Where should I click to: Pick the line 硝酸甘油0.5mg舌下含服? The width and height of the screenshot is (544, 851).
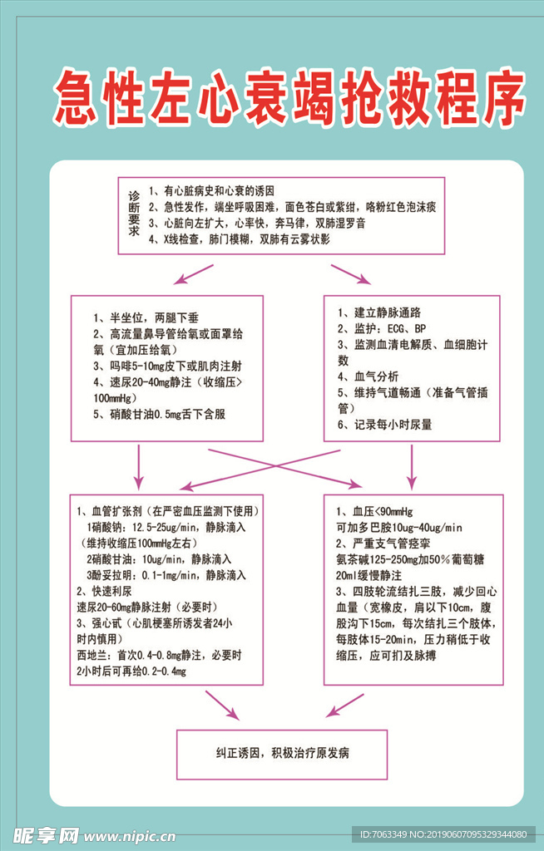pyautogui.click(x=160, y=415)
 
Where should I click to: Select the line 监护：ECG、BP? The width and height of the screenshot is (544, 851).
pyautogui.click(x=382, y=328)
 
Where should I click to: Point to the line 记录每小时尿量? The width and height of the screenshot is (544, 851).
pyautogui.click(x=384, y=425)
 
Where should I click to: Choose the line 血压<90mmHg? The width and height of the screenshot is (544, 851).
pyautogui.click(x=374, y=511)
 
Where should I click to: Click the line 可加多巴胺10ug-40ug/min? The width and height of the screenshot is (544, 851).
pyautogui.click(x=399, y=527)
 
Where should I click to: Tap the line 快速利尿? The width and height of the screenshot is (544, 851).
pyautogui.click(x=106, y=591)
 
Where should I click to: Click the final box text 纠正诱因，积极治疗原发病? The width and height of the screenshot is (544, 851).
pyautogui.click(x=282, y=753)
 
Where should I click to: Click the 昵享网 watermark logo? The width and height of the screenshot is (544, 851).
pyautogui.click(x=46, y=834)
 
